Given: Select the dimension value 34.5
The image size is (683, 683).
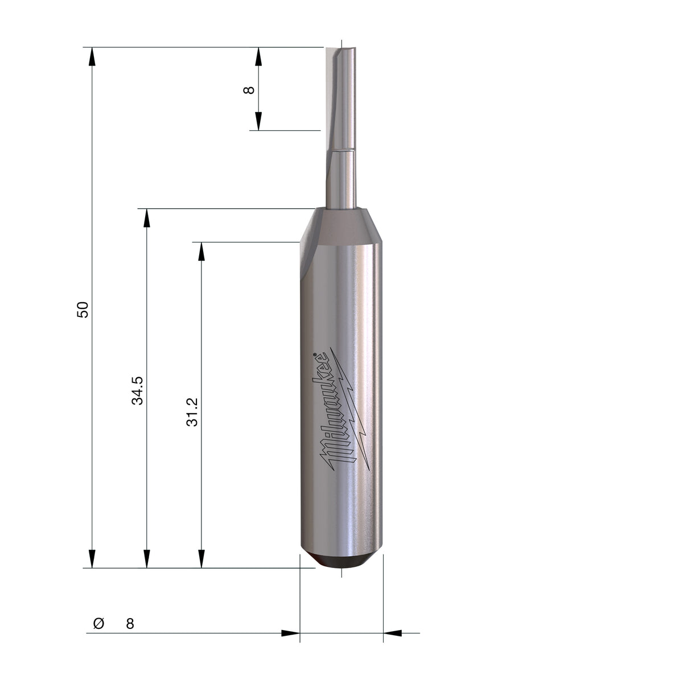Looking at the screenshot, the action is click(x=137, y=390).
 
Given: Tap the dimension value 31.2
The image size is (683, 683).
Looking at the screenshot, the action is click(x=192, y=412).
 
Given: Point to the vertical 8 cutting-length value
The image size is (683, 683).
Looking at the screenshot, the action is click(x=249, y=90).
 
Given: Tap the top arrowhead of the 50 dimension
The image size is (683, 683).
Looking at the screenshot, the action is click(x=92, y=56).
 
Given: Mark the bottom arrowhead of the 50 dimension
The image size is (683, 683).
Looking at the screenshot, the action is click(x=92, y=559).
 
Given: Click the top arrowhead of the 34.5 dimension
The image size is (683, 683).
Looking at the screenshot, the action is click(x=147, y=218).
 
